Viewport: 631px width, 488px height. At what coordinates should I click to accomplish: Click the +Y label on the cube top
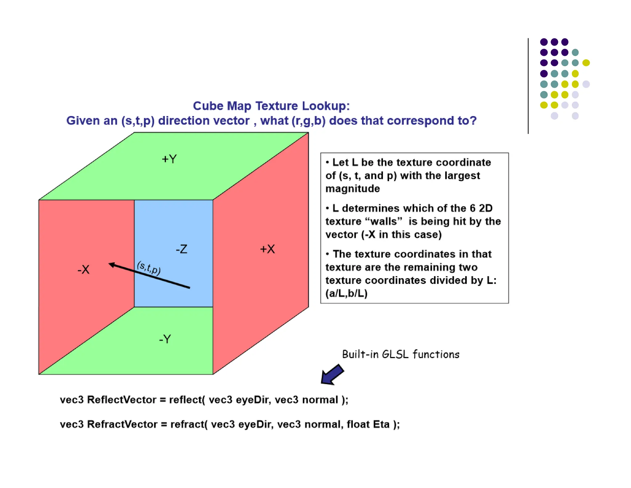click(169, 159)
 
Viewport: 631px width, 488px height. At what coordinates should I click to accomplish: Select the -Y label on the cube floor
click(165, 339)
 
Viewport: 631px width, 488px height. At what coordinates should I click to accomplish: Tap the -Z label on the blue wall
click(181, 249)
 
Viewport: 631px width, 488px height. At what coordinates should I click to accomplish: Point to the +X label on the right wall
click(267, 249)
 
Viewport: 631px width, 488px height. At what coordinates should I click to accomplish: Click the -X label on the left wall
click(83, 270)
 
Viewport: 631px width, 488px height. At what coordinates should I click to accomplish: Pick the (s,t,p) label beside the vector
click(149, 267)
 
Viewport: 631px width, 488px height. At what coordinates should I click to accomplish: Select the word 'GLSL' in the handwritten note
click(395, 354)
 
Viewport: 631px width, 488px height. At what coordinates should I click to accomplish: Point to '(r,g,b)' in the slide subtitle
click(308, 121)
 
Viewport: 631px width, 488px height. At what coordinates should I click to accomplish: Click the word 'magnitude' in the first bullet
click(353, 188)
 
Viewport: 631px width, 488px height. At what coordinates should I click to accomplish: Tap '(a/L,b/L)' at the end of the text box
click(347, 293)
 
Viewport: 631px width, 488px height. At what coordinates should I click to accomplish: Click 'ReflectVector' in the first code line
click(122, 400)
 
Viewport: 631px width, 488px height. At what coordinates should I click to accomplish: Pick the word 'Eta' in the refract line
click(381, 424)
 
